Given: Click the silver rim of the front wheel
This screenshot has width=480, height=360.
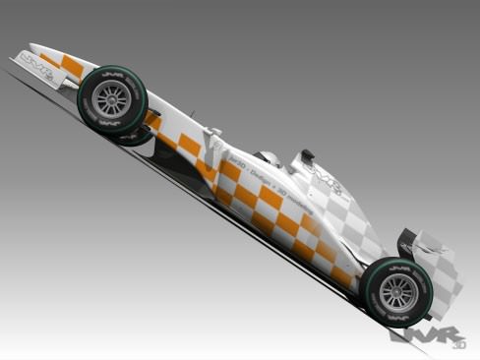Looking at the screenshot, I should point(112,98).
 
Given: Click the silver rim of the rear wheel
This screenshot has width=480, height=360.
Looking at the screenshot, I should point(397,293).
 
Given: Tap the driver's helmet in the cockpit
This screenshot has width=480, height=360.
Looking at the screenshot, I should point(268,158).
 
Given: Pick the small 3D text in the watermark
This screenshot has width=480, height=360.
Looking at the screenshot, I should point(457,344).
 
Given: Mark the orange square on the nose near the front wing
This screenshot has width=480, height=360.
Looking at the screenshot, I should point(72,67).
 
